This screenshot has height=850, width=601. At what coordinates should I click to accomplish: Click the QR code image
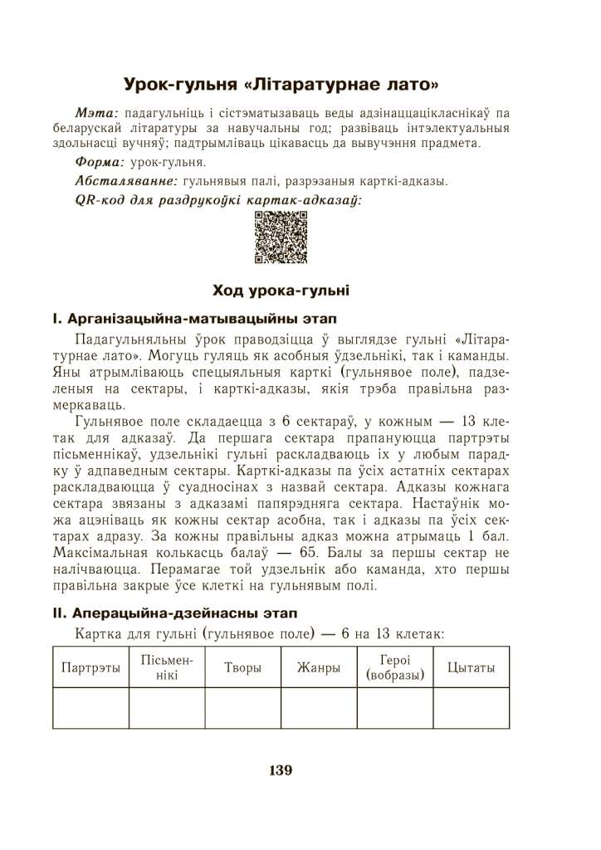click(x=280, y=238)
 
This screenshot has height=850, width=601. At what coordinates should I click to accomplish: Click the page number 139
click(x=281, y=770)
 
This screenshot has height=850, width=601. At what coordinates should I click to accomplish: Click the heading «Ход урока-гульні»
click(x=281, y=290)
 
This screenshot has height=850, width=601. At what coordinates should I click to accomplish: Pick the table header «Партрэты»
click(x=90, y=668)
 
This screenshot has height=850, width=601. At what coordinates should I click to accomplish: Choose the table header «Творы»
click(x=242, y=668)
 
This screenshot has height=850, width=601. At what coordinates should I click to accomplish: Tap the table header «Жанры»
click(x=319, y=668)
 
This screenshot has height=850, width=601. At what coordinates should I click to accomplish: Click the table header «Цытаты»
click(x=471, y=668)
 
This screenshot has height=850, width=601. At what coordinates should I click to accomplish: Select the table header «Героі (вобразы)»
click(x=395, y=668)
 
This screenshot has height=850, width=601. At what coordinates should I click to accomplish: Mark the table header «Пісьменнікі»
click(x=166, y=668)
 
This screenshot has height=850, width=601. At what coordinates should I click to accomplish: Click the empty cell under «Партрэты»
click(x=90, y=708)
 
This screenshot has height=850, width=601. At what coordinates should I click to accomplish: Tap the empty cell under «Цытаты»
click(x=471, y=708)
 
